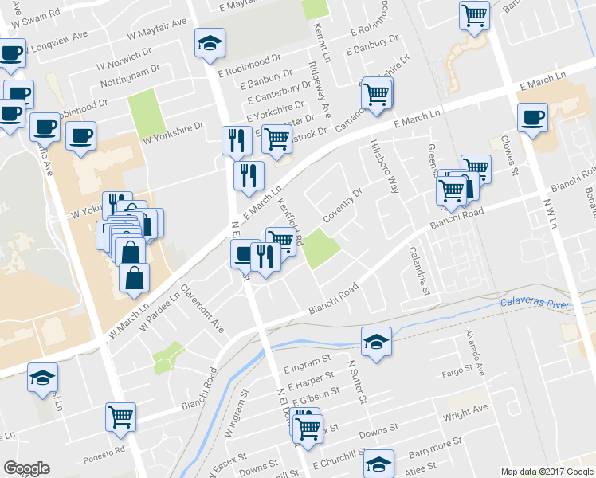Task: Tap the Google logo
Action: tap(26, 468)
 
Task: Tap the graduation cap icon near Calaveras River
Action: tap(376, 341)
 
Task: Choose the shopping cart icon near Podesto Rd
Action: tap(121, 415)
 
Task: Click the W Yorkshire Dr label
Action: tap(174, 137)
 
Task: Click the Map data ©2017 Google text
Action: tap(547, 472)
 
